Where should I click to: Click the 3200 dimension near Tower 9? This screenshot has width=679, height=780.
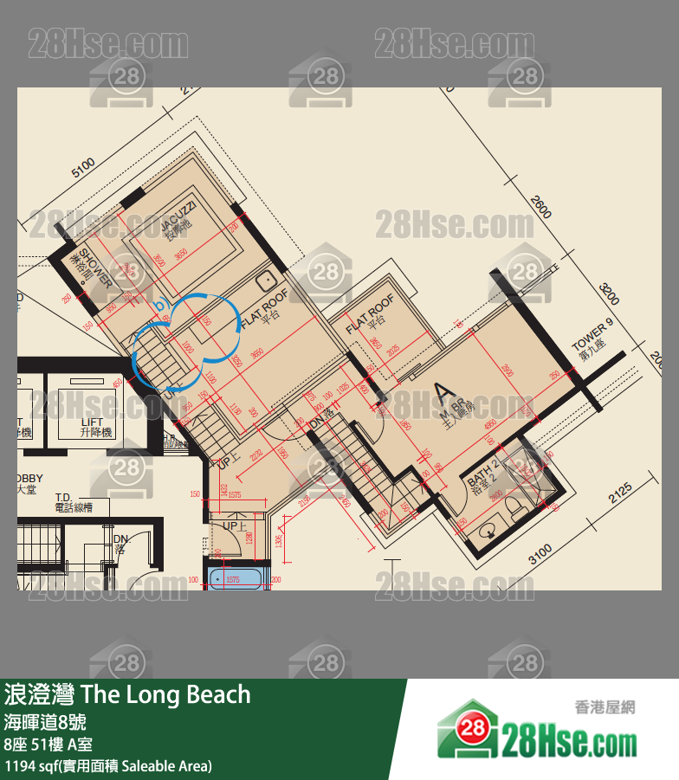[609, 294]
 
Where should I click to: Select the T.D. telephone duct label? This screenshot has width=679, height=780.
[73, 503]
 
